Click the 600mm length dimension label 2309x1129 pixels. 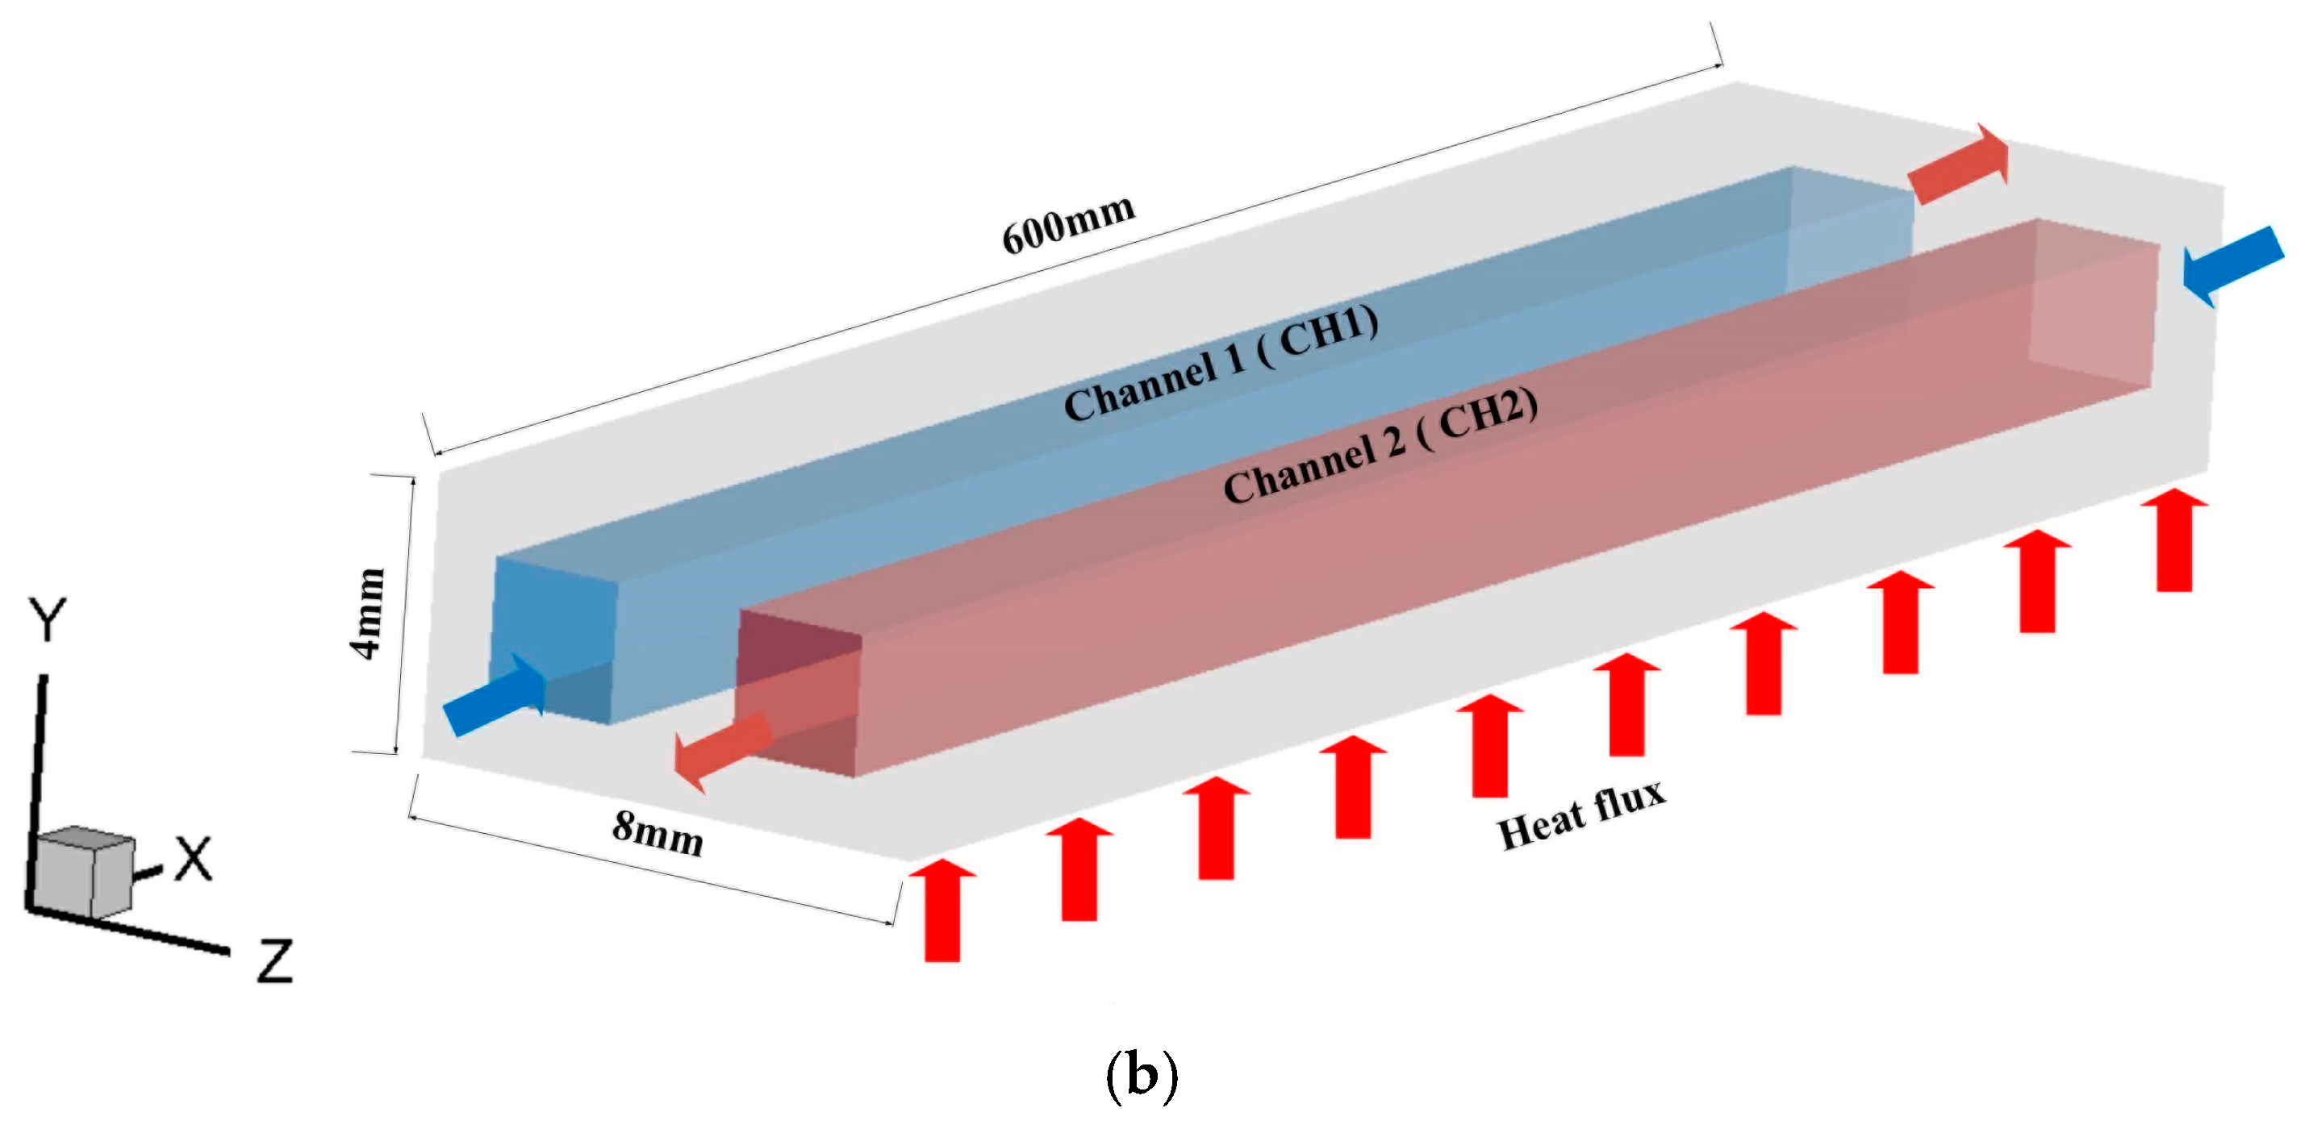point(1068,224)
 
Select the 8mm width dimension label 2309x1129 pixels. point(657,832)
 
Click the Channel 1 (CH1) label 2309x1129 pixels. point(1221,362)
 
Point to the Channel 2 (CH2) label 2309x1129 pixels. point(1380,446)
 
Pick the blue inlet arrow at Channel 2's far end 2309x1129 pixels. point(2232,265)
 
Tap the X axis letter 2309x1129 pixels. point(193,860)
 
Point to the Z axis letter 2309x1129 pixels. point(275,961)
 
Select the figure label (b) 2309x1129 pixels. point(1141,1076)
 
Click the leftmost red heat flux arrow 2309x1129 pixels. point(942,910)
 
